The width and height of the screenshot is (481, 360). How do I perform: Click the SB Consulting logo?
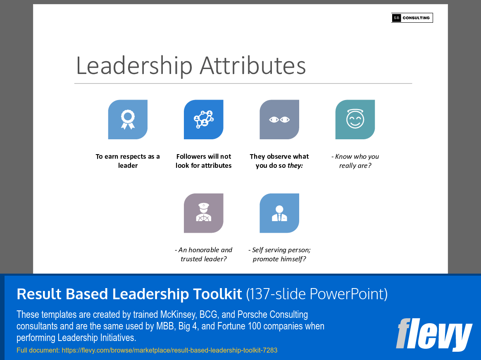tap(412, 18)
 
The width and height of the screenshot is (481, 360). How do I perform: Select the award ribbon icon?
tap(128, 119)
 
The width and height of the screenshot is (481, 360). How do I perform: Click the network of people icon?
tap(203, 119)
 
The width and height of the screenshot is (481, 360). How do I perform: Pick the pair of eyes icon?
tap(279, 119)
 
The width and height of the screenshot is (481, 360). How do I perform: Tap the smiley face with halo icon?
tap(355, 119)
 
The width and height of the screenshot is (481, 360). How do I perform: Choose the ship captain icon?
tap(203, 213)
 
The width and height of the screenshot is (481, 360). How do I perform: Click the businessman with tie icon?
tap(279, 213)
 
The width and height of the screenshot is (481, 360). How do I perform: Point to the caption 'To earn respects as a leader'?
tap(128, 161)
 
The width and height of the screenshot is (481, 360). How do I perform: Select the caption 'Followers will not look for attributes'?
tap(203, 161)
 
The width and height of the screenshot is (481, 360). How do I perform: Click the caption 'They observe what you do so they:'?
tap(279, 161)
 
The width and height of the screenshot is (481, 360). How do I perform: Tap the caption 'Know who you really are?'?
tap(355, 161)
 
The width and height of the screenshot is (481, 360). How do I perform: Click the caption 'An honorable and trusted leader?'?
tap(203, 254)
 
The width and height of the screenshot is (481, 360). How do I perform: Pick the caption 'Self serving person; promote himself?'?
tap(279, 254)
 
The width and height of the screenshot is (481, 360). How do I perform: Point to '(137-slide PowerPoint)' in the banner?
tap(317, 294)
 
